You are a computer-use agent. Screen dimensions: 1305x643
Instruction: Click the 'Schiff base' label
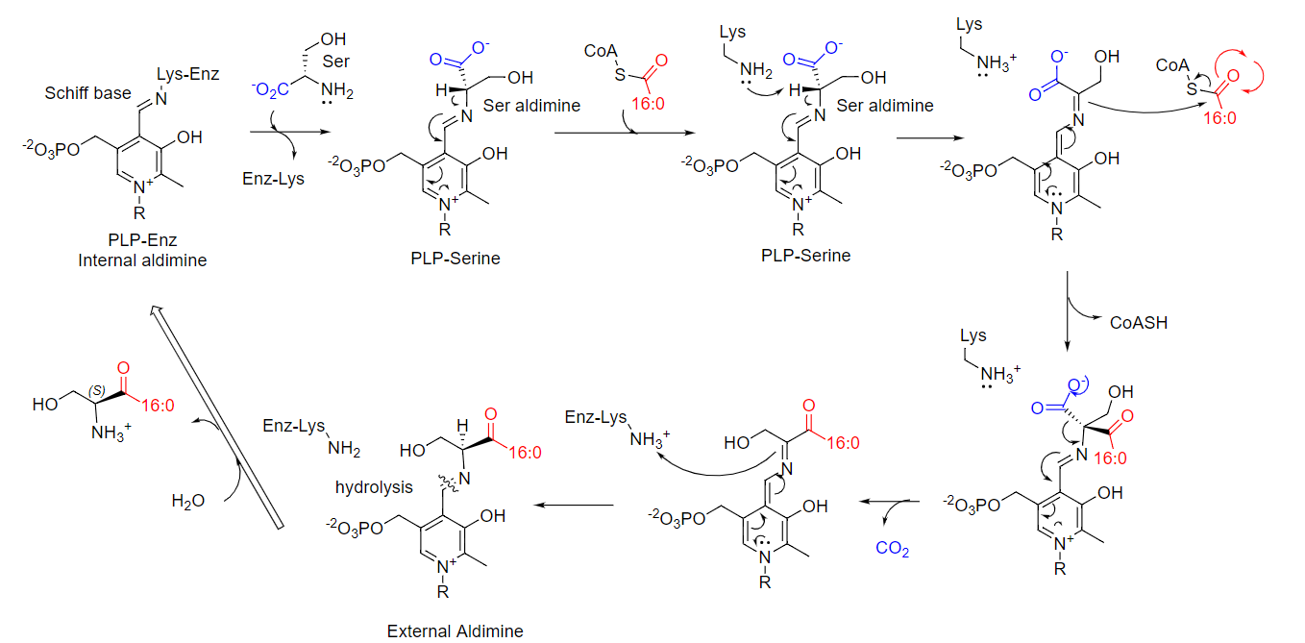click(x=88, y=93)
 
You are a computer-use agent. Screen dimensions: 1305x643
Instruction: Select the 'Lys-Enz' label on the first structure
click(x=187, y=74)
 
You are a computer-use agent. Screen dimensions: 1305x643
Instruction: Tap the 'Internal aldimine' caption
click(x=142, y=260)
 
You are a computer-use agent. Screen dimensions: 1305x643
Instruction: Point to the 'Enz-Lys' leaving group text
click(x=273, y=178)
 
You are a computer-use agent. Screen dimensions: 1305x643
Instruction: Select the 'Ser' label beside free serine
click(x=336, y=62)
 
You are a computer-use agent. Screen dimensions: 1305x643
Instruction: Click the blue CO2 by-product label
click(x=893, y=549)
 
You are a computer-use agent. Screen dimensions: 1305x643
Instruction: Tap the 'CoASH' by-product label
click(x=1139, y=323)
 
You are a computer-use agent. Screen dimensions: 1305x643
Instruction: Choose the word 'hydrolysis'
click(x=374, y=487)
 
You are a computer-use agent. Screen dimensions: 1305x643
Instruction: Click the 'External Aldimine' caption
click(x=455, y=631)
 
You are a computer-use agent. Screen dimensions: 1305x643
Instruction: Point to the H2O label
click(x=188, y=501)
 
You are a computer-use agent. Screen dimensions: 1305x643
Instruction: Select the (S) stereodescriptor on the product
click(x=97, y=391)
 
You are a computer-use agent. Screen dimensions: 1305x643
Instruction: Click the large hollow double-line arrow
click(x=215, y=416)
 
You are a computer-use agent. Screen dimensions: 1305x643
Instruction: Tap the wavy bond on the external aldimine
click(x=448, y=482)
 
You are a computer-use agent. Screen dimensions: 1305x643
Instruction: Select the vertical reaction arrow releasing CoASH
click(x=1068, y=311)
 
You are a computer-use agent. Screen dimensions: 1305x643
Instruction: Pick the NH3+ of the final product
click(x=111, y=433)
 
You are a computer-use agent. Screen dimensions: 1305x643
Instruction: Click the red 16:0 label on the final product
click(x=158, y=406)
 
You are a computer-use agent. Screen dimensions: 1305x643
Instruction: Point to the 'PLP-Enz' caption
click(x=142, y=240)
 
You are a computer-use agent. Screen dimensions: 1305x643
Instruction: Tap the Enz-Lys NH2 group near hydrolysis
click(x=344, y=449)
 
